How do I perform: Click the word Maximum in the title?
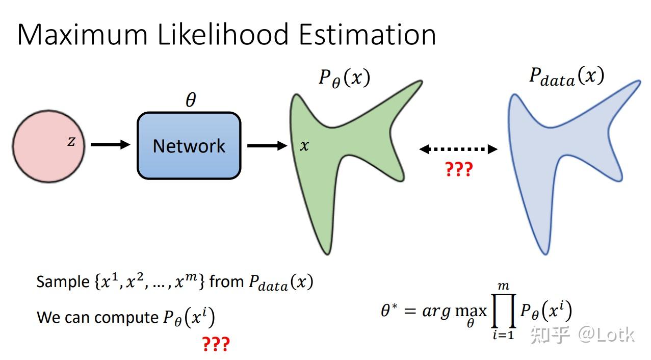tap(82, 35)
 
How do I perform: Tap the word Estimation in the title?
tap(367, 35)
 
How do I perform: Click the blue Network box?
tap(189, 146)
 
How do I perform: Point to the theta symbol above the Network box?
tap(190, 100)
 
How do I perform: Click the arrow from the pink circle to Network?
tap(110, 145)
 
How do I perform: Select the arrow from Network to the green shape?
tap(267, 146)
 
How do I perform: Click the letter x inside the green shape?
tap(304, 146)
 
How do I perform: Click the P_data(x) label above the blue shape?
tap(566, 77)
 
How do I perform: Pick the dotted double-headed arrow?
tap(458, 149)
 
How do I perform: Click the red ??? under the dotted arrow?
tap(459, 169)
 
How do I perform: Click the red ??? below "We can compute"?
tap(216, 344)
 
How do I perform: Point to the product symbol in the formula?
tap(503, 311)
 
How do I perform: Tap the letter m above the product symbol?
tap(504, 286)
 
